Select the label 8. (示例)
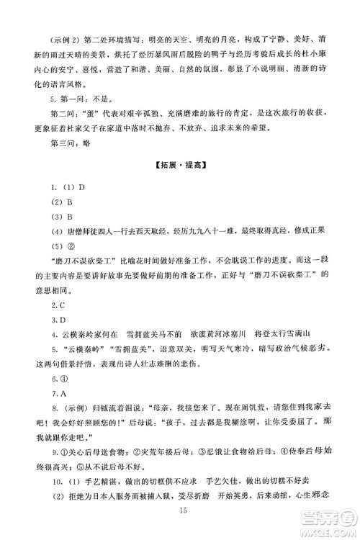click(63, 413)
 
